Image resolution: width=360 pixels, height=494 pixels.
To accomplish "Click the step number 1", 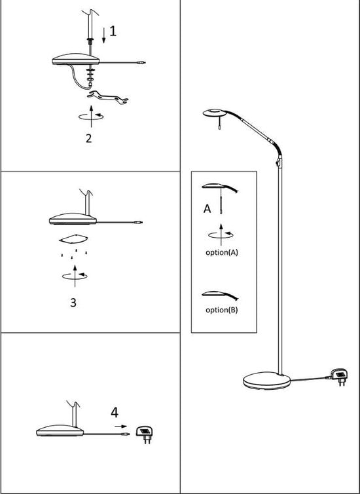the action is pyautogui.click(x=113, y=31).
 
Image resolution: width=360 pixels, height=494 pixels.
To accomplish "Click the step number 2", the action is pyautogui.click(x=89, y=138).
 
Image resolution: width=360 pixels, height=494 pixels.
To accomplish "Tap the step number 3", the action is pyautogui.click(x=73, y=303).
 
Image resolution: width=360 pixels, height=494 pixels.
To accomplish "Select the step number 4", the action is pyautogui.click(x=115, y=412).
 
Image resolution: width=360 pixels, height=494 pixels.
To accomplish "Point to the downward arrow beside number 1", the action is pyautogui.click(x=104, y=35).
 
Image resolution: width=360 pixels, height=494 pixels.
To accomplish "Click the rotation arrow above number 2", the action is pyautogui.click(x=91, y=116).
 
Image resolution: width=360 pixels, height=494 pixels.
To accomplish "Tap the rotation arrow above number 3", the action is pyautogui.click(x=75, y=276).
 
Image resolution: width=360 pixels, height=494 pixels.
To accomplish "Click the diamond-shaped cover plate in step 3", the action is pyautogui.click(x=73, y=239).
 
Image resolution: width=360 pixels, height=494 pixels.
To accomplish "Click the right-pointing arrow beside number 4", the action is pyautogui.click(x=120, y=427).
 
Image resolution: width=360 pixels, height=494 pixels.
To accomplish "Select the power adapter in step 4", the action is pyautogui.click(x=144, y=434).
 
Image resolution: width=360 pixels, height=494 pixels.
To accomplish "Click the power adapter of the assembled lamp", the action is pyautogui.click(x=338, y=377).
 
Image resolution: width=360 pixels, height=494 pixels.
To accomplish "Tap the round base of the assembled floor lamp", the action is pyautogui.click(x=267, y=381).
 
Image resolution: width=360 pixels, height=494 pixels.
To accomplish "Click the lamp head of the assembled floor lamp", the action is pyautogui.click(x=214, y=113).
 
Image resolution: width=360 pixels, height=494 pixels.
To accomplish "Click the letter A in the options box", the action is pyautogui.click(x=207, y=208).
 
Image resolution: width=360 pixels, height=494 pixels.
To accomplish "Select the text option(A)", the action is pyautogui.click(x=222, y=252).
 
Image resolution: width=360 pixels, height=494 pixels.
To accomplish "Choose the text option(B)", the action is pyautogui.click(x=222, y=310).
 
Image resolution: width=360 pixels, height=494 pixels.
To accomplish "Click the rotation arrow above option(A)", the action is pyautogui.click(x=221, y=235).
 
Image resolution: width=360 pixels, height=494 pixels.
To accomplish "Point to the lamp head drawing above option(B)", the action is pyautogui.click(x=220, y=295).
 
